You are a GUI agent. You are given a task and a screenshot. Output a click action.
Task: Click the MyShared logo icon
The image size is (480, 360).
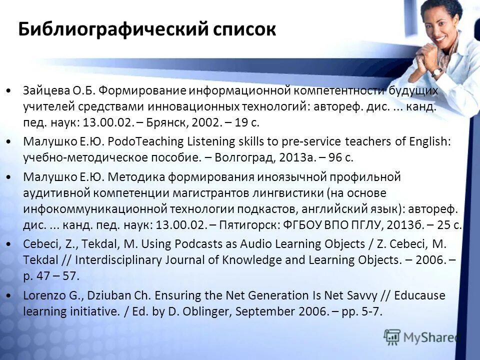click(x=393, y=336)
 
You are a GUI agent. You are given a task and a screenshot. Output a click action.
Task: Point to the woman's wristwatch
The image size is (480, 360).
click(x=437, y=72)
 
